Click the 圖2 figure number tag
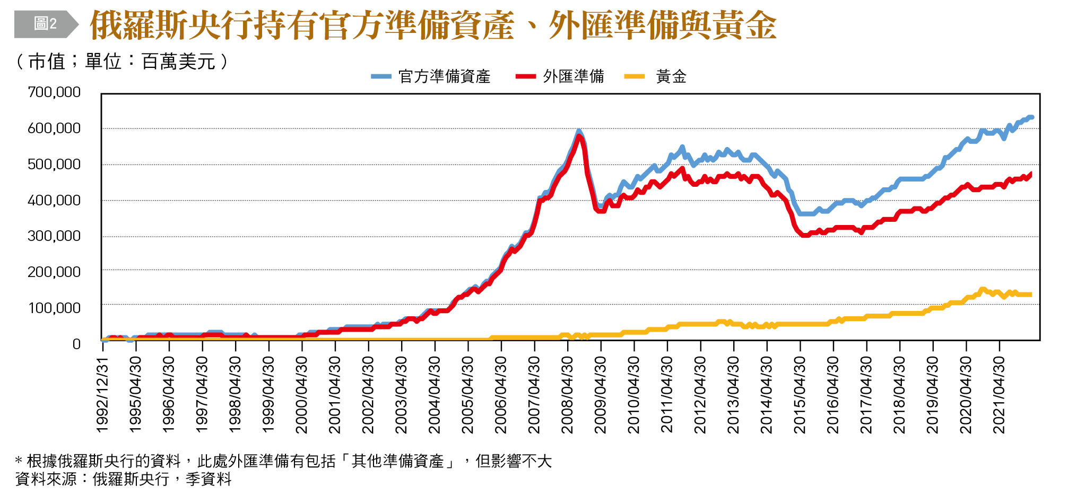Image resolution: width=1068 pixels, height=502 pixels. point(45,24)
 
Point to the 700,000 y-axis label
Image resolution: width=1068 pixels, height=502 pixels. point(54,92)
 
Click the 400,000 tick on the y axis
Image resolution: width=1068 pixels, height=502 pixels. point(54,200)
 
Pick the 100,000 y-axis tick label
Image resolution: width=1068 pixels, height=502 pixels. point(54,308)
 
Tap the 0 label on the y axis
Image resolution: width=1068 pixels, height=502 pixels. point(76,344)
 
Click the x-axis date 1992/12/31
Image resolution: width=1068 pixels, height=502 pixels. point(102,395)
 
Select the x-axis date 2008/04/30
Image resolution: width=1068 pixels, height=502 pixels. point(568,395)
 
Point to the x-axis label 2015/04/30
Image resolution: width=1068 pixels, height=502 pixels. point(800,395)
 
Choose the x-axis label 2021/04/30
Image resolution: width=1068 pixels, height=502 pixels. point(1000,395)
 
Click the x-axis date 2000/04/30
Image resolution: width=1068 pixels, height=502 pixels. point(302,395)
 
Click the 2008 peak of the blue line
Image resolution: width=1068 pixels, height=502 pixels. point(579,131)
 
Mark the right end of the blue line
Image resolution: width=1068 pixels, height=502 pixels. point(1032,117)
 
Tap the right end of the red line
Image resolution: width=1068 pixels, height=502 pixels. point(1030,174)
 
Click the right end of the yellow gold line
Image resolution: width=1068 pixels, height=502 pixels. point(1030,295)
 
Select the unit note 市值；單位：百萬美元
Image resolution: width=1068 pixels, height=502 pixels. point(122,62)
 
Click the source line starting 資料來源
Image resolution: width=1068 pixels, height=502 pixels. point(123,479)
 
